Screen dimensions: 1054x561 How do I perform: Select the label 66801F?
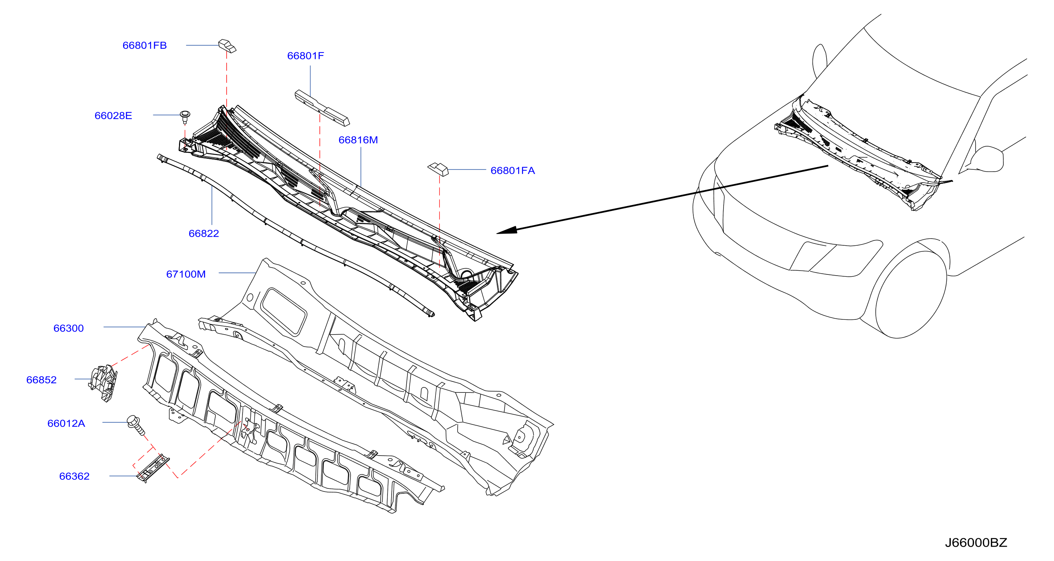pos(305,56)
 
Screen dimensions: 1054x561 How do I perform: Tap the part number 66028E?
pos(113,115)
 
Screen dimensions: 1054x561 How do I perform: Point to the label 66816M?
pos(358,140)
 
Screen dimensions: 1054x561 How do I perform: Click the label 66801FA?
pos(513,170)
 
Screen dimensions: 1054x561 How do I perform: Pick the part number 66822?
pos(204,233)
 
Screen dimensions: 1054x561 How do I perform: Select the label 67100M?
pos(186,274)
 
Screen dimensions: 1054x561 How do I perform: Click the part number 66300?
pos(68,328)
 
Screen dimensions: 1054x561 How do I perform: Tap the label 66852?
pos(41,380)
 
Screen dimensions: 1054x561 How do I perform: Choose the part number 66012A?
pos(66,423)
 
